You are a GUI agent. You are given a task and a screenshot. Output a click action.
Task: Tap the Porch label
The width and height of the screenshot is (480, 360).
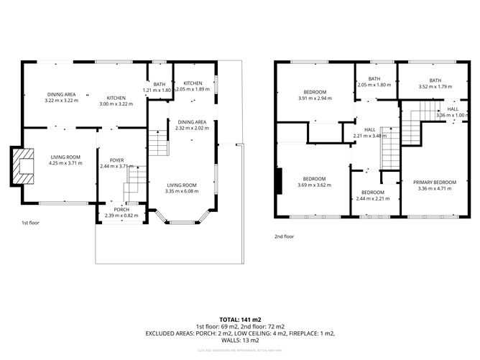[x=121, y=209]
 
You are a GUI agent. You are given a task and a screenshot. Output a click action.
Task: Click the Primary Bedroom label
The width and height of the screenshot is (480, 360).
[x=435, y=183]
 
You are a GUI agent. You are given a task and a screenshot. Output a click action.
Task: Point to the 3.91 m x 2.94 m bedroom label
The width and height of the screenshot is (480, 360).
[x=315, y=92]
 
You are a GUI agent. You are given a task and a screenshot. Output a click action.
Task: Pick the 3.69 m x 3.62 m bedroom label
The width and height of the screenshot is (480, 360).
[x=314, y=178]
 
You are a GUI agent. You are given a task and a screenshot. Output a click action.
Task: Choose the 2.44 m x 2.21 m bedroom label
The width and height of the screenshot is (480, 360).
[x=372, y=193]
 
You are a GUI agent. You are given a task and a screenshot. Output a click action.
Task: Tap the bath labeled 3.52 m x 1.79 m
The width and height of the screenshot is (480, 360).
[x=435, y=80]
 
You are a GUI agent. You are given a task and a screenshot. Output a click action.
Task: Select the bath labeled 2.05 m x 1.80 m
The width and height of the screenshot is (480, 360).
[x=374, y=79]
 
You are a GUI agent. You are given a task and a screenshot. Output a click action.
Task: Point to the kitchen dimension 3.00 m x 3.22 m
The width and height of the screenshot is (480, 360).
[x=116, y=103]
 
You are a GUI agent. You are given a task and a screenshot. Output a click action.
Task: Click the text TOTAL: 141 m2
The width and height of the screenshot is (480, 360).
[x=239, y=318]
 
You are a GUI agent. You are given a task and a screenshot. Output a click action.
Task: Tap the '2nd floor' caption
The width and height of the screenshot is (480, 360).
[x=285, y=236]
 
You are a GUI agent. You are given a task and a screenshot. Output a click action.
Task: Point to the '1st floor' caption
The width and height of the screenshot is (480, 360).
[x=32, y=223]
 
